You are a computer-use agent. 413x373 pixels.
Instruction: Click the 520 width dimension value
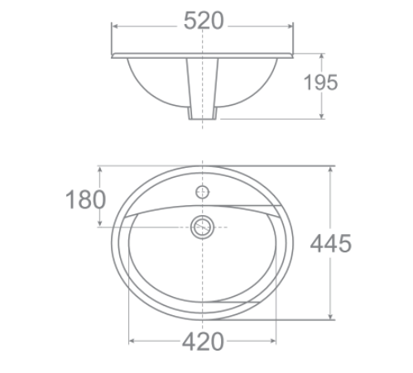204,23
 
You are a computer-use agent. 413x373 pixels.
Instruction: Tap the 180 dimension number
87,199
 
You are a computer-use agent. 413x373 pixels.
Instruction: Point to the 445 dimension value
331,243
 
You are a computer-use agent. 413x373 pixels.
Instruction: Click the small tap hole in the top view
203,191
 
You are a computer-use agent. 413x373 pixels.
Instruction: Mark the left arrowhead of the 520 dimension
115,26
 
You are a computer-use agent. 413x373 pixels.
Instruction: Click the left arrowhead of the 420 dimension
131,341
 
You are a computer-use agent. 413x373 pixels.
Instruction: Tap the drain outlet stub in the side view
204,116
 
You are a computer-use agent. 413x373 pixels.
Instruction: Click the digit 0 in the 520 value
217,23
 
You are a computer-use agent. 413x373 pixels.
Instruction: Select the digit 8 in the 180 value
87,199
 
